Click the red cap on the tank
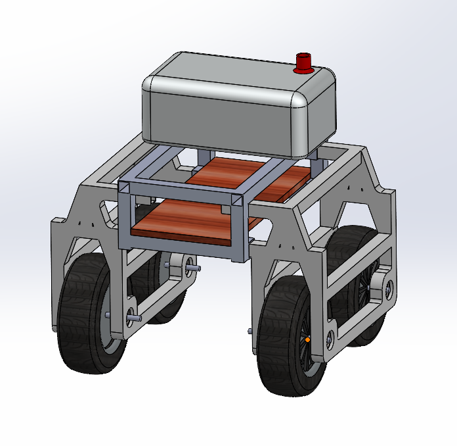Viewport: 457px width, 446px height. tap(303, 63)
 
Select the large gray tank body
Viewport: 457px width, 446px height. tap(223, 109)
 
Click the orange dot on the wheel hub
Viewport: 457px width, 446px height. tap(307, 339)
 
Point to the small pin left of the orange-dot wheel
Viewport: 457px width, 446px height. tap(250, 331)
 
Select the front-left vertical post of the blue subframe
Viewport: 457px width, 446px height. tap(123, 217)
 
